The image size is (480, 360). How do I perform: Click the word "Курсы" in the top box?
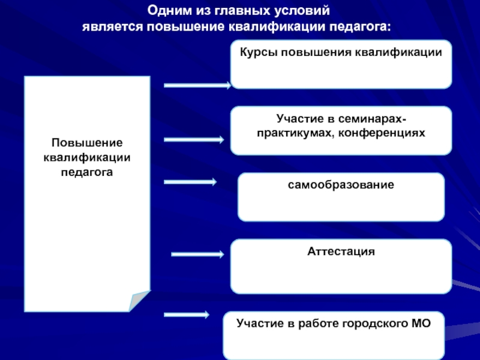pos(256,53)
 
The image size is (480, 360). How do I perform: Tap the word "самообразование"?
pos(341,185)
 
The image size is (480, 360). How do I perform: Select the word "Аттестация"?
pos(341,251)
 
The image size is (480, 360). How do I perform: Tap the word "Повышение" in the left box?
pos(87,144)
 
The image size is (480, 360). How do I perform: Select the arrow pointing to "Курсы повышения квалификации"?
pos(197,86)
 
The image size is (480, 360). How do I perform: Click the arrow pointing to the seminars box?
pos(194,140)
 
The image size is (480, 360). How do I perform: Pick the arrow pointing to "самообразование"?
pos(190,182)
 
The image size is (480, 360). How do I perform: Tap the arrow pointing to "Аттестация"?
pos(197,254)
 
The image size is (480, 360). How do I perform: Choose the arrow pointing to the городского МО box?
pos(186,315)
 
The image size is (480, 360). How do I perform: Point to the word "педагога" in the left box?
pos(87,171)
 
